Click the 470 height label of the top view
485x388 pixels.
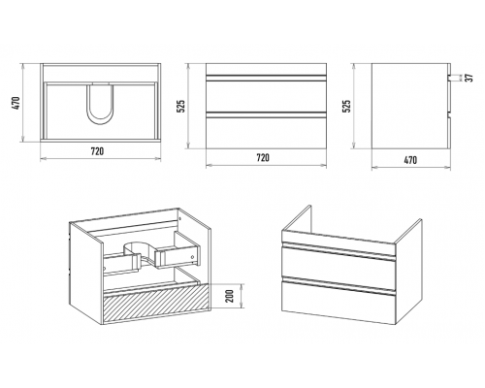coord(17,103)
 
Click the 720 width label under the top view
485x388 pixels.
coord(97,151)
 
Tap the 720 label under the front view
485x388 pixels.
coord(263,158)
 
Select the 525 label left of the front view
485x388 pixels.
coord(181,106)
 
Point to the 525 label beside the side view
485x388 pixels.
coord(346,106)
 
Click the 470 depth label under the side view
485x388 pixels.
coord(410,160)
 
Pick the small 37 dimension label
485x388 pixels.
coord(469,78)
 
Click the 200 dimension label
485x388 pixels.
coord(230,296)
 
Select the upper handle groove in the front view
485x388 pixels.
coord(266,78)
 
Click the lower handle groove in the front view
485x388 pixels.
coord(266,113)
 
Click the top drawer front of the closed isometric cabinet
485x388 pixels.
coord(339,264)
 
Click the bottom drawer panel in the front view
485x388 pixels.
coord(266,133)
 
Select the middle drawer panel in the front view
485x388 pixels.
coord(266,96)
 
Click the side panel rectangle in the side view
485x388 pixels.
coord(409,106)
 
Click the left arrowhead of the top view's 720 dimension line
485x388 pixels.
coord(43,158)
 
